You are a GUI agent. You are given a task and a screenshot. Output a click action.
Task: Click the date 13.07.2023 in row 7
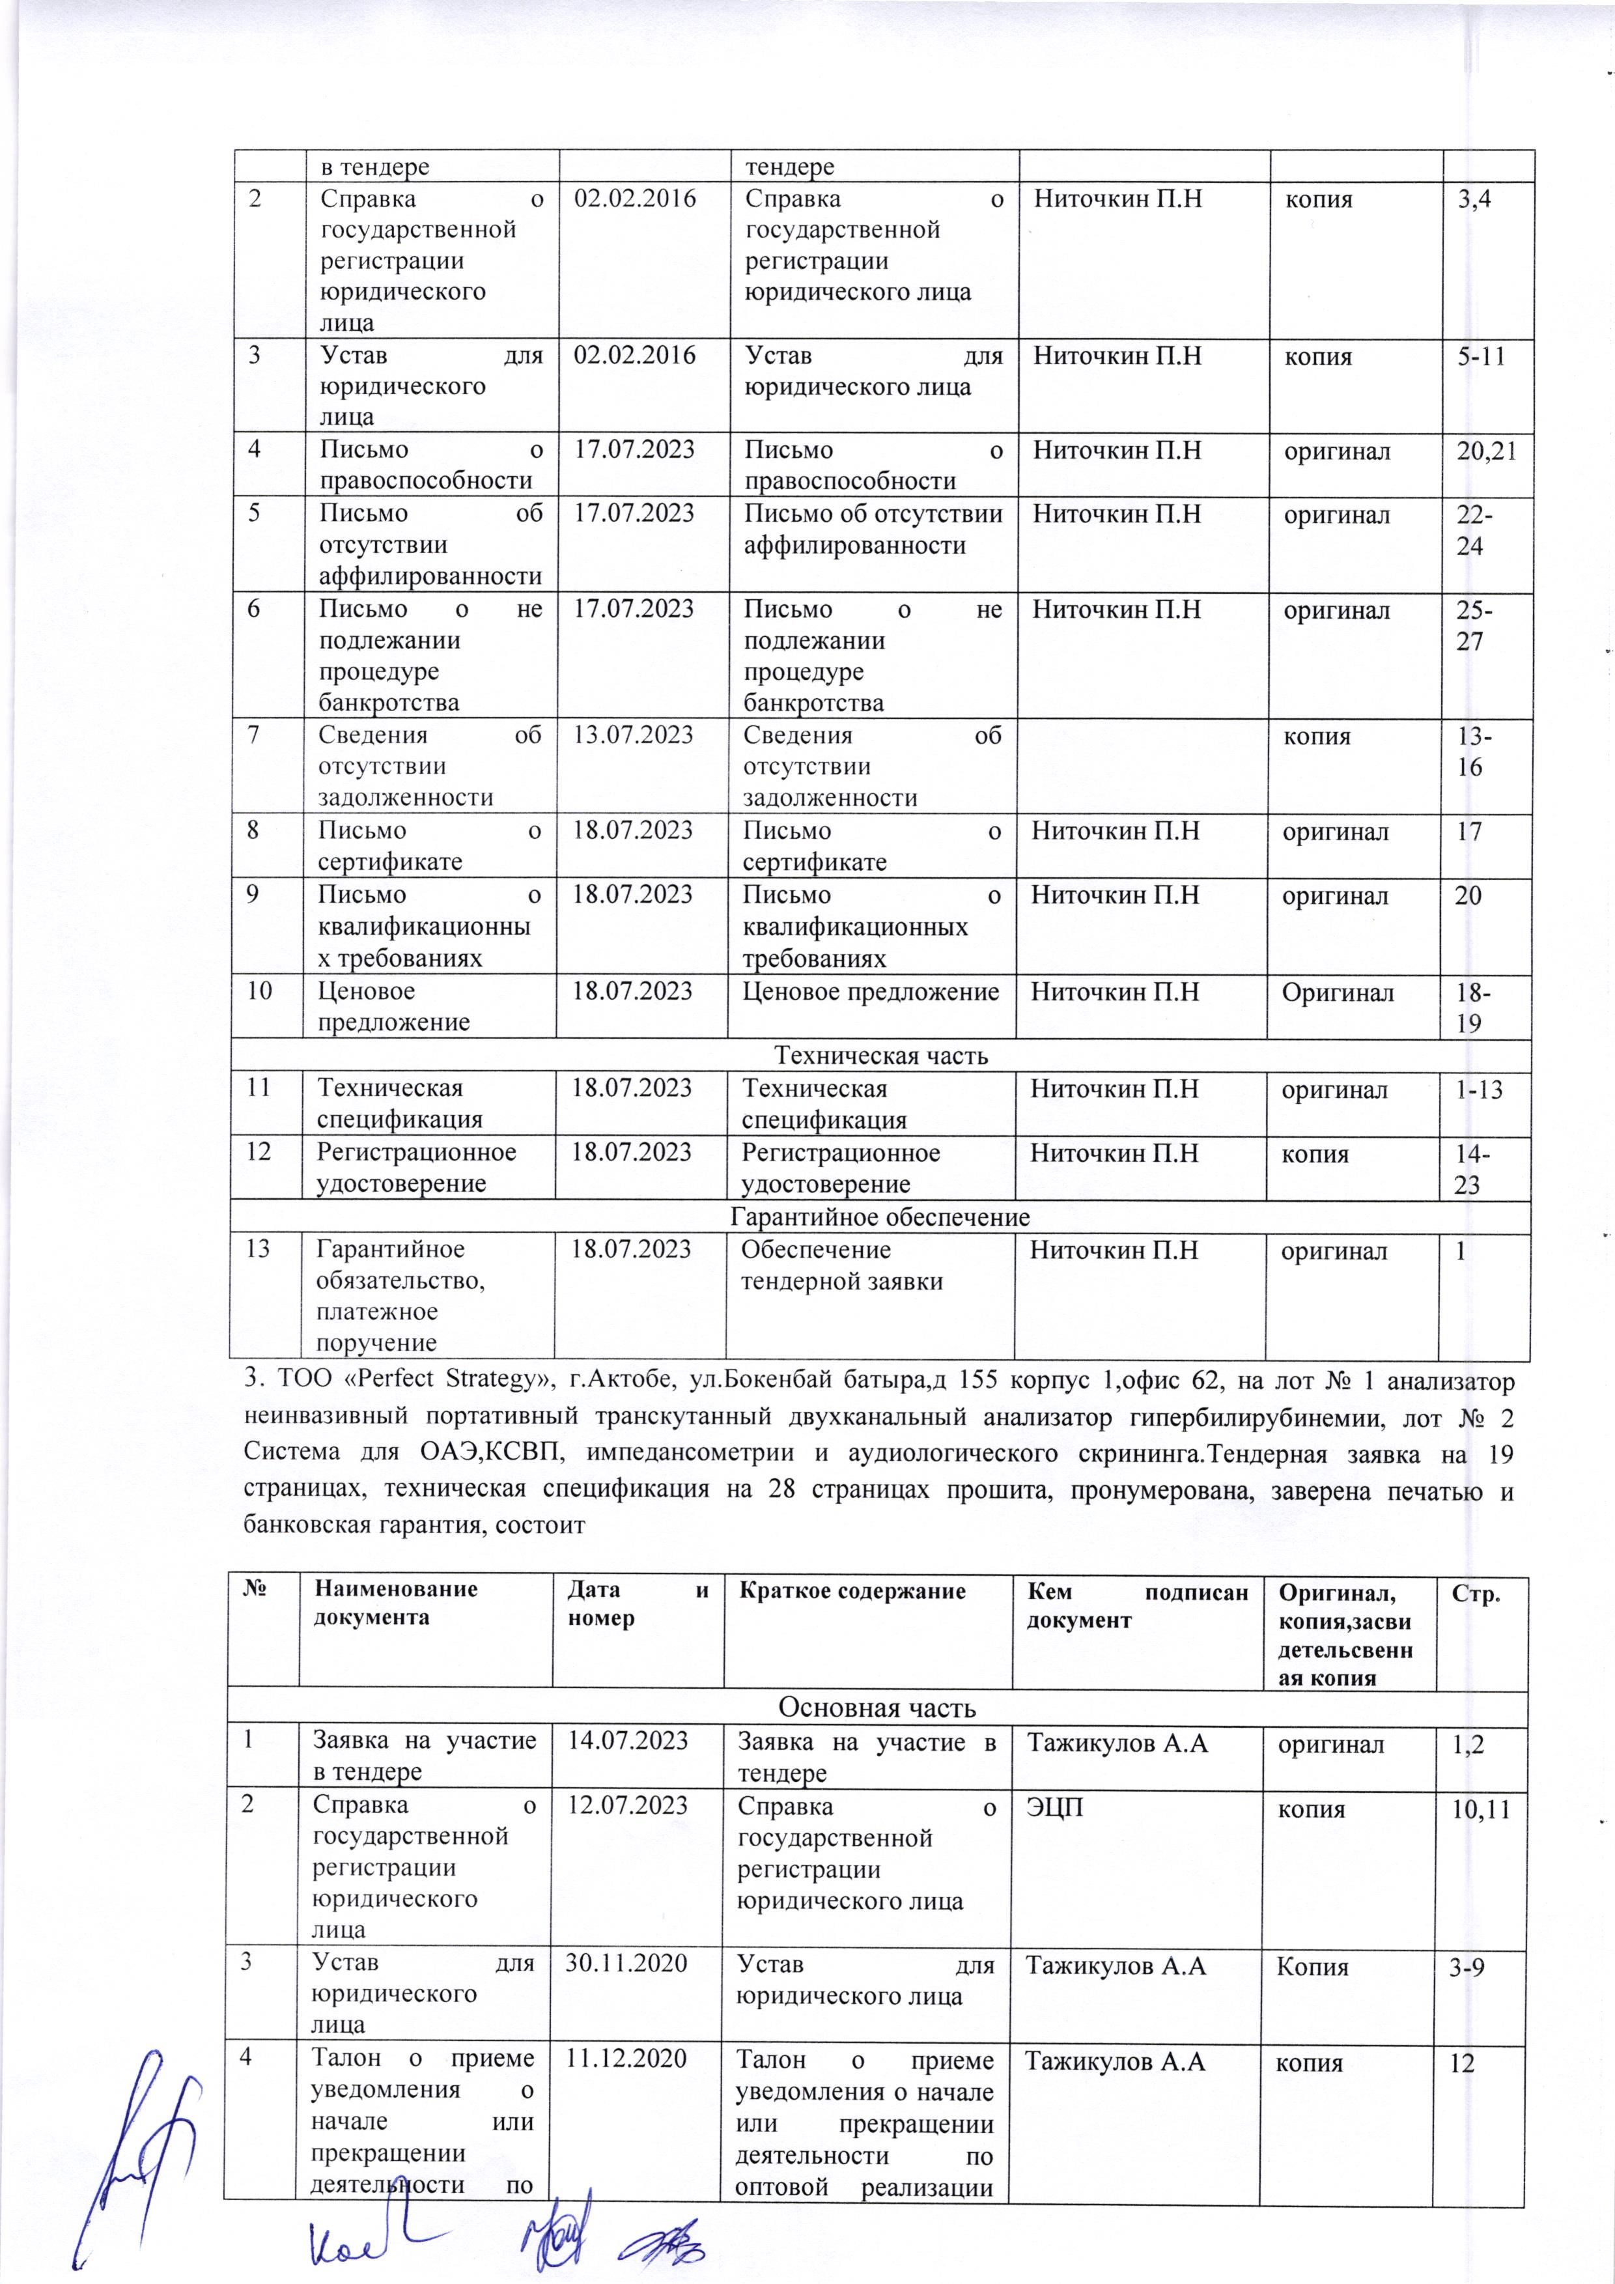tap(632, 736)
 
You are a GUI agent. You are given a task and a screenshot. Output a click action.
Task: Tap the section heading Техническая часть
tap(880, 1056)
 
